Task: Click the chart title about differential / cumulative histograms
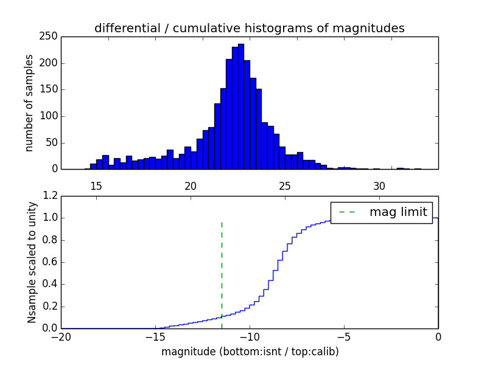(x=249, y=28)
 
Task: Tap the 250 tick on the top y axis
(x=51, y=36)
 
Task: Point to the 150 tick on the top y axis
(x=51, y=89)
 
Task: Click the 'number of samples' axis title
(x=29, y=103)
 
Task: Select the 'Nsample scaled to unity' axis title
(x=32, y=262)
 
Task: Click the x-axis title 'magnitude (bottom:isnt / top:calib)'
(x=250, y=352)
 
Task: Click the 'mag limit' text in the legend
(x=398, y=212)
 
